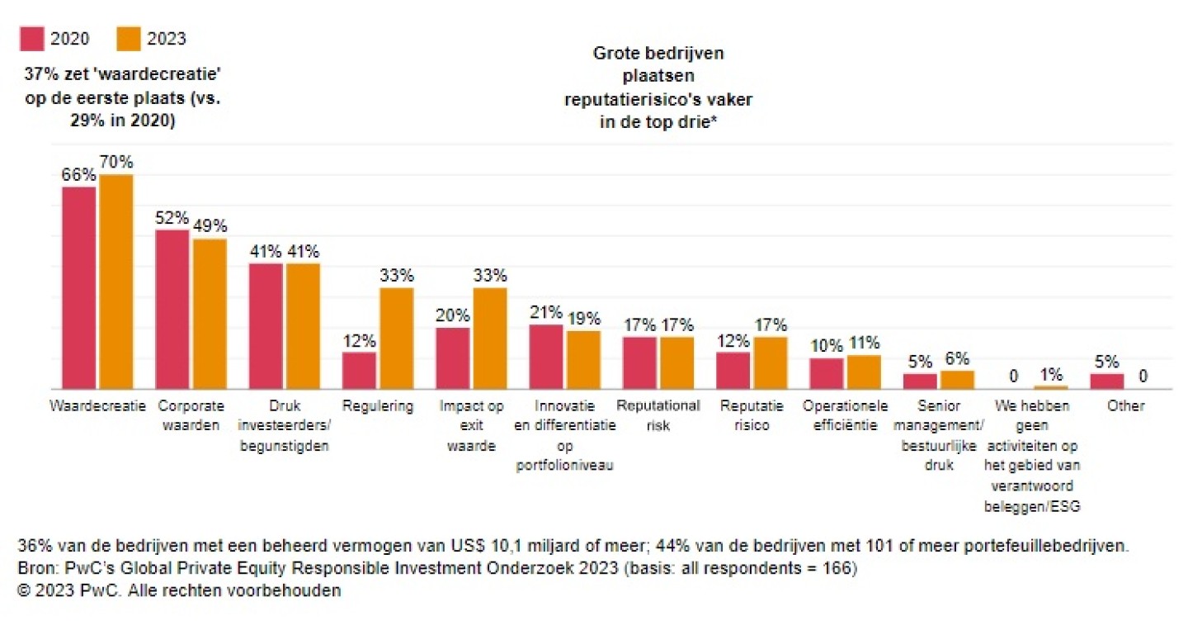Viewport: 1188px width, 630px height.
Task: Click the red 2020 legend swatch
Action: [x=31, y=38]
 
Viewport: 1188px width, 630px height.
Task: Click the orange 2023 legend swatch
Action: [x=129, y=38]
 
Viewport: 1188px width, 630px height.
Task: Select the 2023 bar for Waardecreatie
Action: [x=116, y=281]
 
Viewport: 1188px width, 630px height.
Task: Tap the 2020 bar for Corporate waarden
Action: [x=172, y=309]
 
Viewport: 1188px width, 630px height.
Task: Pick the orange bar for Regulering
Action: [x=396, y=338]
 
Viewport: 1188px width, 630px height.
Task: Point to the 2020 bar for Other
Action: [x=1106, y=381]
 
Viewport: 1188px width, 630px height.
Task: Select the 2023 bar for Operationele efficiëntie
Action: [x=864, y=372]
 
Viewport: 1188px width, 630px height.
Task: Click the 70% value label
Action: [x=116, y=162]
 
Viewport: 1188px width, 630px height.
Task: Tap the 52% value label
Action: [x=172, y=218]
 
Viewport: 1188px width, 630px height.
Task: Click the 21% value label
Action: [x=546, y=312]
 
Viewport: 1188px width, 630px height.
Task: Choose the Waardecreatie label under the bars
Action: [x=97, y=406]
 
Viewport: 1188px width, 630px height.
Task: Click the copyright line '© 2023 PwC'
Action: [x=178, y=591]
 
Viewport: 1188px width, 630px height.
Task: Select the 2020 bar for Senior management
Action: [x=920, y=381]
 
